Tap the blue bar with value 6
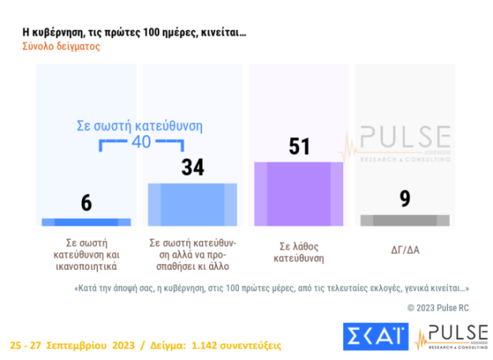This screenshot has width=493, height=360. (x=86, y=222)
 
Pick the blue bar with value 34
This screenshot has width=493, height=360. (x=192, y=204)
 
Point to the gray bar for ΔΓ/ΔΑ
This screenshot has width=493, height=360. (x=404, y=220)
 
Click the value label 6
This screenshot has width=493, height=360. (x=86, y=202)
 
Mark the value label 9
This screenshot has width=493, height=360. (x=404, y=199)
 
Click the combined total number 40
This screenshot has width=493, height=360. (x=141, y=142)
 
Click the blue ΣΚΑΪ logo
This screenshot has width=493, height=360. (x=375, y=335)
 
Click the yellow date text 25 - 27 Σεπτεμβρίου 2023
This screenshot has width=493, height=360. (x=71, y=345)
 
